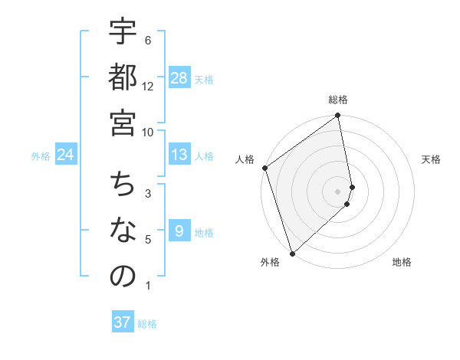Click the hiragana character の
123,276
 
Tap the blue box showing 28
179,78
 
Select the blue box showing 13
179,155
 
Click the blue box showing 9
179,231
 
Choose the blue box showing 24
66,155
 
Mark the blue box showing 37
123,322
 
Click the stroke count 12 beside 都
148,87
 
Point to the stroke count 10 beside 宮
148,132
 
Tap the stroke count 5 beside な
148,240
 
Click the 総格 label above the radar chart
338,100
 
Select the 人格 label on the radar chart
245,159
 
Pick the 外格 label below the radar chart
269,262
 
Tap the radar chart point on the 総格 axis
338,117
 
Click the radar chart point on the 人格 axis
264,168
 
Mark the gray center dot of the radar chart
338,191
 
